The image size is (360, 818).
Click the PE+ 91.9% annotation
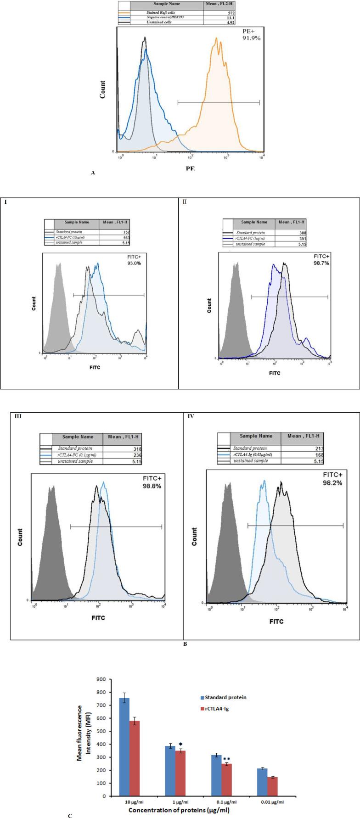(x=251, y=35)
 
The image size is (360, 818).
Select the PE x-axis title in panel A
(x=190, y=168)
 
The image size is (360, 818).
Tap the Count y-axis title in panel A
(x=102, y=90)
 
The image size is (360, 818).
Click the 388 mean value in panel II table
(x=300, y=233)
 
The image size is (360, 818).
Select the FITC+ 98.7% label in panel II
(x=321, y=259)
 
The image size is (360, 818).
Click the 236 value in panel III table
(x=137, y=455)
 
